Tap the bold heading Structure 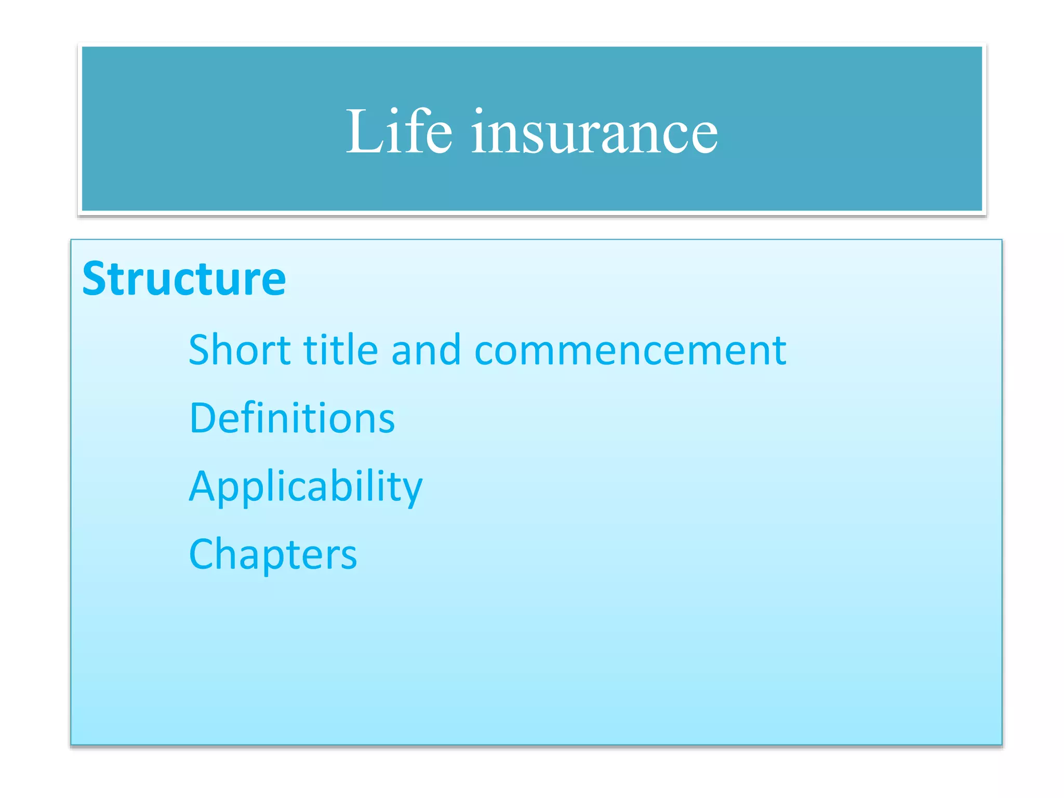184,280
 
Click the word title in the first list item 341,350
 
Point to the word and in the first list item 426,350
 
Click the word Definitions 292,418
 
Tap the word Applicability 305,487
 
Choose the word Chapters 273,554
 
